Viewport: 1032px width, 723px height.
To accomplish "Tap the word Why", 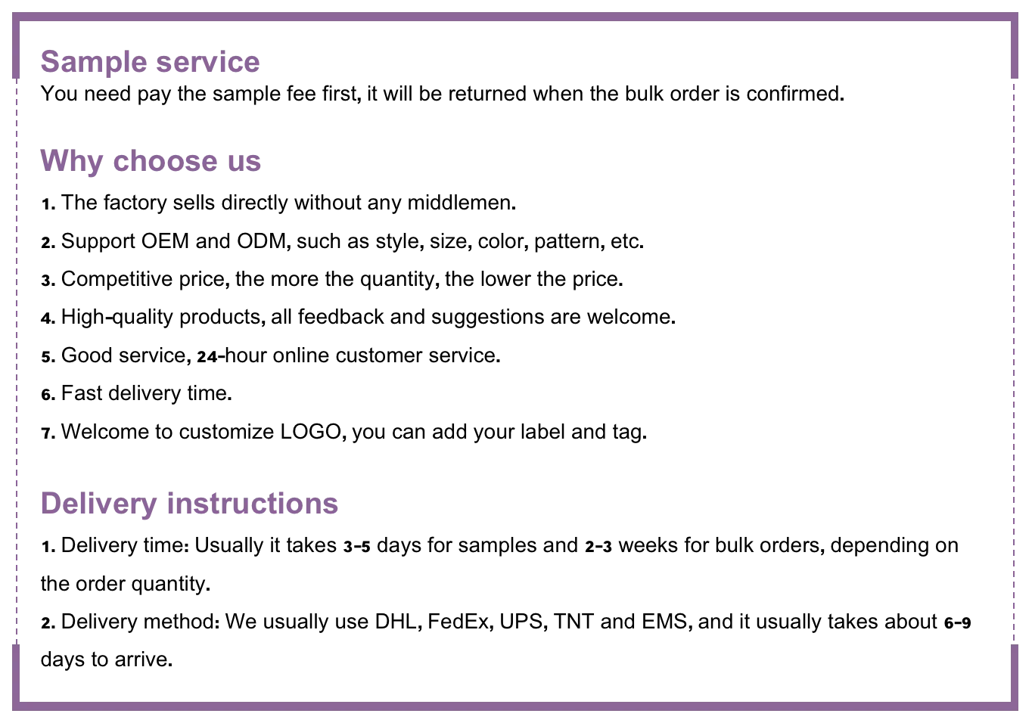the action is (70, 162).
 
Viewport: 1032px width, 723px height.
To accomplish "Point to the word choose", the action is (164, 162).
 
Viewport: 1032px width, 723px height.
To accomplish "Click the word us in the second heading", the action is (244, 163).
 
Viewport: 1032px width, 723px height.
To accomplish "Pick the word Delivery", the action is (96, 504).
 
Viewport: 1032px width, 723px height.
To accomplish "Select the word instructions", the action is (251, 503).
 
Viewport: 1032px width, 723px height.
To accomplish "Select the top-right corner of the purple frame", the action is (1016, 18).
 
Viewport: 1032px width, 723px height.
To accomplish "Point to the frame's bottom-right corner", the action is (1016, 707).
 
